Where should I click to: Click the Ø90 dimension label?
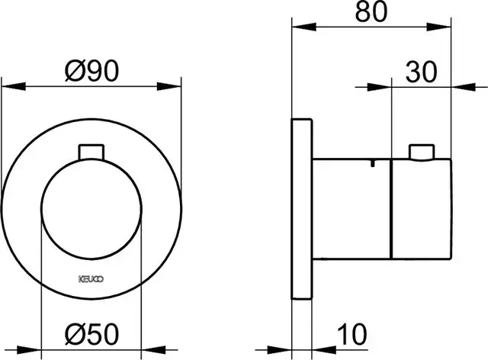(91, 72)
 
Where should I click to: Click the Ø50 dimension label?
(91, 334)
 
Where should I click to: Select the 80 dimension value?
(371, 11)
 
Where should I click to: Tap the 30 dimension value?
(422, 72)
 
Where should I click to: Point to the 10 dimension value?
(352, 334)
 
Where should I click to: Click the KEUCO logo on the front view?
(91, 278)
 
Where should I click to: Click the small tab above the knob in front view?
(91, 152)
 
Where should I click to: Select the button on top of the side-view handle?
(422, 153)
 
